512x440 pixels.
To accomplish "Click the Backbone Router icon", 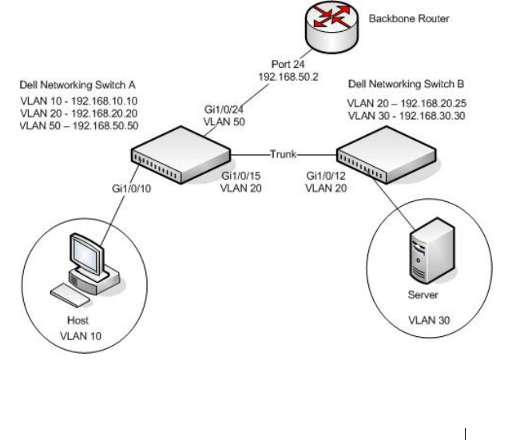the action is (331, 27).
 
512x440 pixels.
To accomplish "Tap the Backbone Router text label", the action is (409, 18).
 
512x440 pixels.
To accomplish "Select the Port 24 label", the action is (288, 64).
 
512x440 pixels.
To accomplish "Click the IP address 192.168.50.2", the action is (288, 77).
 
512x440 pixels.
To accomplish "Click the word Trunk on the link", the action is (284, 154).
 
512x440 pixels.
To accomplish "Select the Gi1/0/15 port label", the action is (241, 176).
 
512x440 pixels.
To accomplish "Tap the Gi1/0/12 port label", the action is (326, 176).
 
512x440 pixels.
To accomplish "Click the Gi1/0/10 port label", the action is (131, 188).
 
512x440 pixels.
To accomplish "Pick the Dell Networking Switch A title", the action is (77, 85).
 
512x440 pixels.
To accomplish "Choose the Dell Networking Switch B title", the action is (406, 84).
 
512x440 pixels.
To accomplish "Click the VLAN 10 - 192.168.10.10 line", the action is (79, 101).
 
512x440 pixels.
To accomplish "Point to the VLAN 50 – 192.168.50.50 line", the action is (79, 125).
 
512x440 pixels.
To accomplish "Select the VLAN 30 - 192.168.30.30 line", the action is (407, 116).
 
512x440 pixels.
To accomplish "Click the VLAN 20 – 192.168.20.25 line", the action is (407, 104).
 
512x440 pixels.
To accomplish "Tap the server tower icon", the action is (431, 251).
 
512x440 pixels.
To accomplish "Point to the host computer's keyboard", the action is (70, 295).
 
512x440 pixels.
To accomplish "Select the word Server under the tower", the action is (423, 295).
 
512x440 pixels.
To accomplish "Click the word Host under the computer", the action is (77, 320).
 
